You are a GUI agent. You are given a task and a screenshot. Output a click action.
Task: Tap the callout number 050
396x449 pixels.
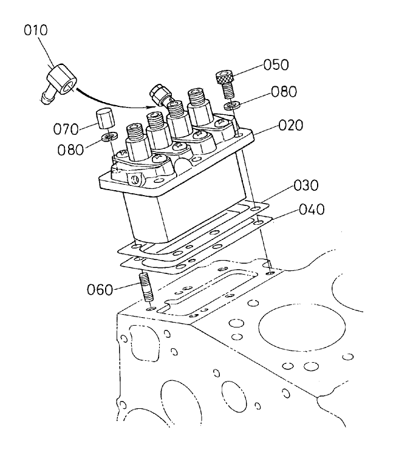276,65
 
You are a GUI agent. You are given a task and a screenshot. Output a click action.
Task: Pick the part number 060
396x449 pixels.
100,289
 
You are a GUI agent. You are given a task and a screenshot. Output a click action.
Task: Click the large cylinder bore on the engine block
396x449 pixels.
294,328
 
